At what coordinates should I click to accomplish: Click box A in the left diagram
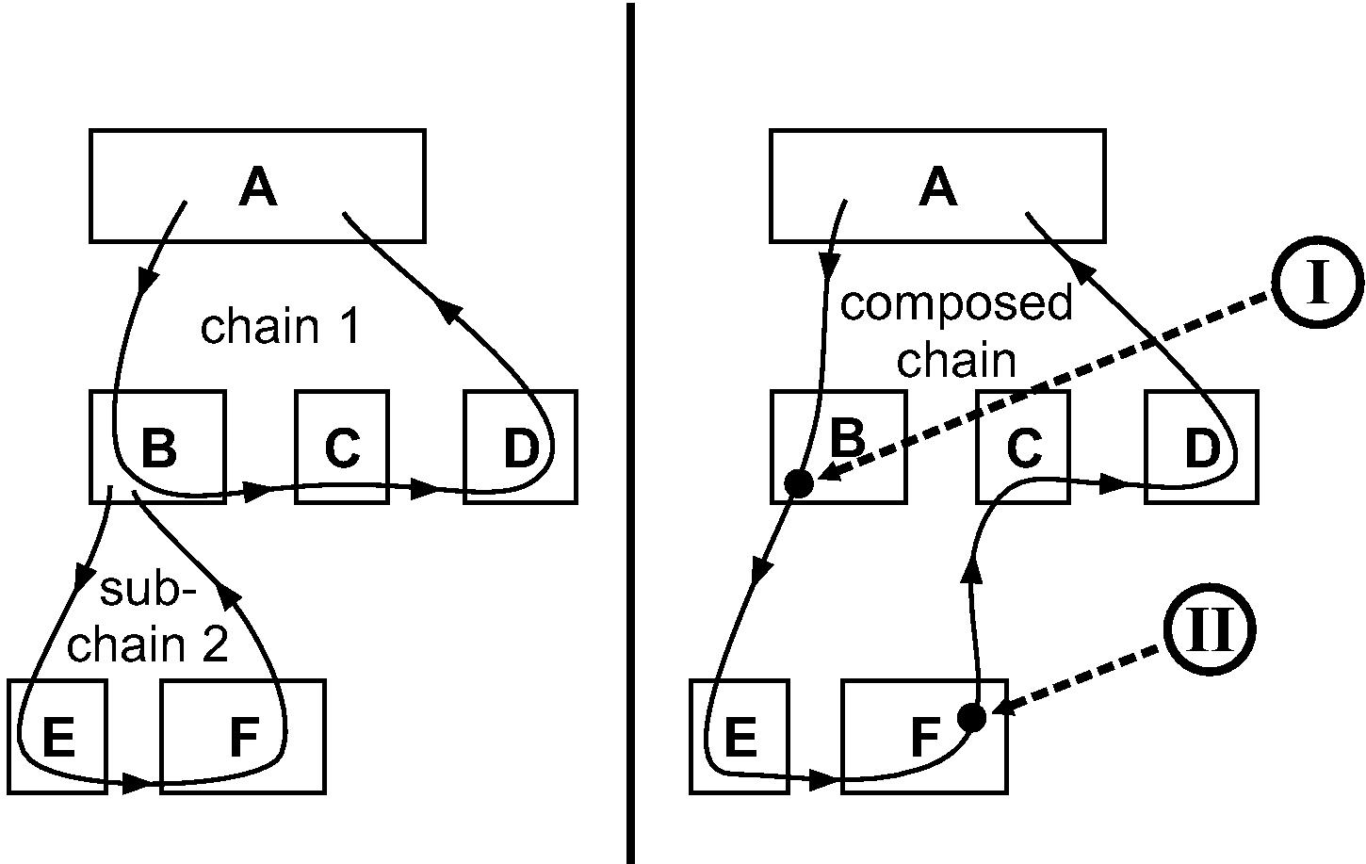coord(257,186)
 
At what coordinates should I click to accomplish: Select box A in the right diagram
coord(937,186)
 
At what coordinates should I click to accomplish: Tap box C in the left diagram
coord(342,448)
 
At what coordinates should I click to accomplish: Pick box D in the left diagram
coord(520,448)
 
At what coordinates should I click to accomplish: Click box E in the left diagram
coord(58,737)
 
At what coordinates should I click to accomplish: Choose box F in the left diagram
coord(243,737)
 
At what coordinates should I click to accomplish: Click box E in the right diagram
coord(740,737)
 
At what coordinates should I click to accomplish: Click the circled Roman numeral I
coord(1318,284)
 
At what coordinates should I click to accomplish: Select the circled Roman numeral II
coord(1210,630)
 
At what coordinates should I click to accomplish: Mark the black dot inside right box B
coord(799,483)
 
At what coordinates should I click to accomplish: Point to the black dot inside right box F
coord(971,718)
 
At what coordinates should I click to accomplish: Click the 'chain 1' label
coord(280,327)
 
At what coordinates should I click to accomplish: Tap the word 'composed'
coord(955,304)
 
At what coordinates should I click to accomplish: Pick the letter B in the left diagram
coord(158,448)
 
